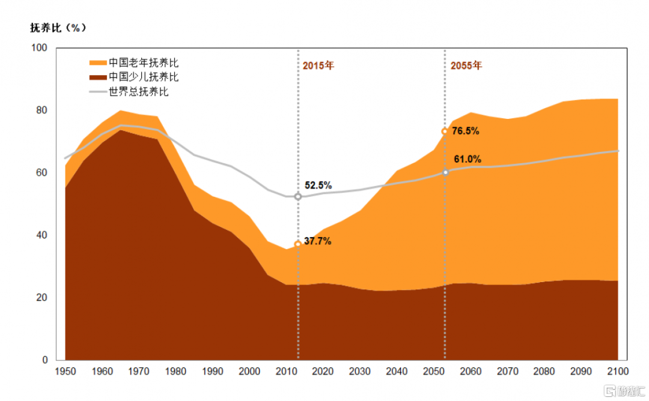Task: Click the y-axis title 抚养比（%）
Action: (58, 28)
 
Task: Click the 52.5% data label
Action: (318, 185)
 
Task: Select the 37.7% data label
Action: (318, 241)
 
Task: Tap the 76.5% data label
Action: (466, 131)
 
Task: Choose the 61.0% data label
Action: (468, 160)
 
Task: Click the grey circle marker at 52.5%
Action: (298, 196)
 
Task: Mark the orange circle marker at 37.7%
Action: (298, 244)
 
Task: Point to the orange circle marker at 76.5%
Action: (445, 131)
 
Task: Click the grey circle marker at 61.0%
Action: (445, 172)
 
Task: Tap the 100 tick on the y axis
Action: (38, 47)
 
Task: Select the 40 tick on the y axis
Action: (41, 235)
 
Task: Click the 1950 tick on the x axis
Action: (66, 372)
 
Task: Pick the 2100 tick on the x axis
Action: (618, 372)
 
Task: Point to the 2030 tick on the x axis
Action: (360, 372)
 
